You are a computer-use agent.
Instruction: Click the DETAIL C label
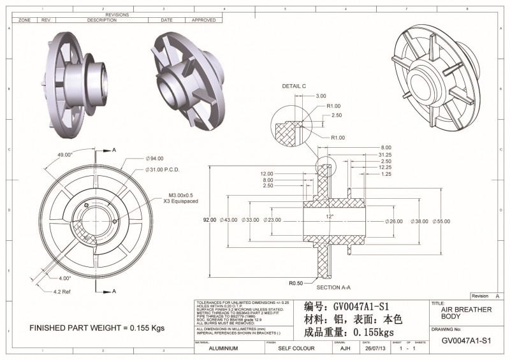[x=295, y=85]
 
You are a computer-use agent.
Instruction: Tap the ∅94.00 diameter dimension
[x=156, y=158]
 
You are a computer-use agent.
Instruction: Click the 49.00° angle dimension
[x=66, y=155]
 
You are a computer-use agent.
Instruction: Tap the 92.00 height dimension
[x=211, y=220]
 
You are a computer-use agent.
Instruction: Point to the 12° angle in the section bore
[x=330, y=217]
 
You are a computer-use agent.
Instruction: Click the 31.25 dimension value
[x=385, y=154]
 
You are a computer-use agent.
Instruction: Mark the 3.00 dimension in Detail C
[x=321, y=96]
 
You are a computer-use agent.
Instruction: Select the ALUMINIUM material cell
[x=224, y=349]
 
